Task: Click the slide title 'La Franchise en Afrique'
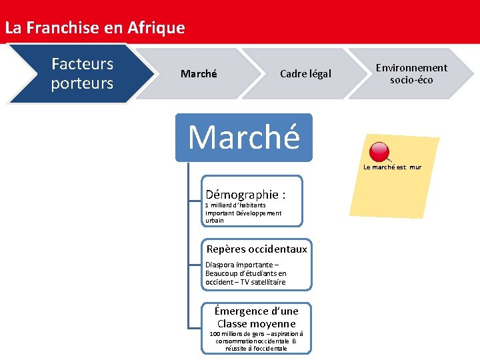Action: (x=95, y=28)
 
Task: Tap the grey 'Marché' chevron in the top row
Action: (x=199, y=74)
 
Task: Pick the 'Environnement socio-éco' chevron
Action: (x=411, y=73)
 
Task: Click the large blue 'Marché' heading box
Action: (x=244, y=137)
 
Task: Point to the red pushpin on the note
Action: (x=379, y=152)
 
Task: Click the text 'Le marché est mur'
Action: (x=392, y=167)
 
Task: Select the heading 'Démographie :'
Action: (x=245, y=195)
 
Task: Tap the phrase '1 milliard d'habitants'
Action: (x=235, y=205)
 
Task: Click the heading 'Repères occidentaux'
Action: (x=257, y=249)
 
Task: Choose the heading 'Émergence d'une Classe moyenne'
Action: (x=257, y=317)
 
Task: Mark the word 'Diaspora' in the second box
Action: (x=221, y=265)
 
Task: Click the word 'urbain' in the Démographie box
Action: (x=215, y=221)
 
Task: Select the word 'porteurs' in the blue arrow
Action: (x=82, y=83)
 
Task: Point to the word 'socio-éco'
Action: (x=411, y=80)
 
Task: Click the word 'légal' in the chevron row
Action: (x=318, y=74)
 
